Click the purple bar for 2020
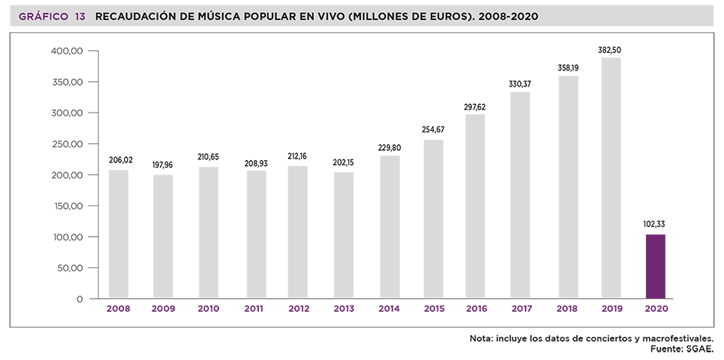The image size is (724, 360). (x=655, y=266)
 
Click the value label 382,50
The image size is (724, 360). (x=610, y=50)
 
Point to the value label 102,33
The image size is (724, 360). (x=655, y=224)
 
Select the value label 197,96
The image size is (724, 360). (x=164, y=163)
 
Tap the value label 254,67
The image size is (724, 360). (x=433, y=129)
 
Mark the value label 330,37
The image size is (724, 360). (x=520, y=83)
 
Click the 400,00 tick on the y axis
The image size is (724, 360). (x=67, y=51)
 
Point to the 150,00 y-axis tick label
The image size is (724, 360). (x=67, y=206)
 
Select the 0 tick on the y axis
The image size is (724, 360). (x=79, y=299)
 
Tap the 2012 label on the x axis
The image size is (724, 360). (x=300, y=309)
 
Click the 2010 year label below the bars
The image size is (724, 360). (x=208, y=309)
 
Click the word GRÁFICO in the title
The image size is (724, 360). (x=42, y=16)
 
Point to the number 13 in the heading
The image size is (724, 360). (x=80, y=16)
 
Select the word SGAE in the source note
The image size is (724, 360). (x=700, y=349)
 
